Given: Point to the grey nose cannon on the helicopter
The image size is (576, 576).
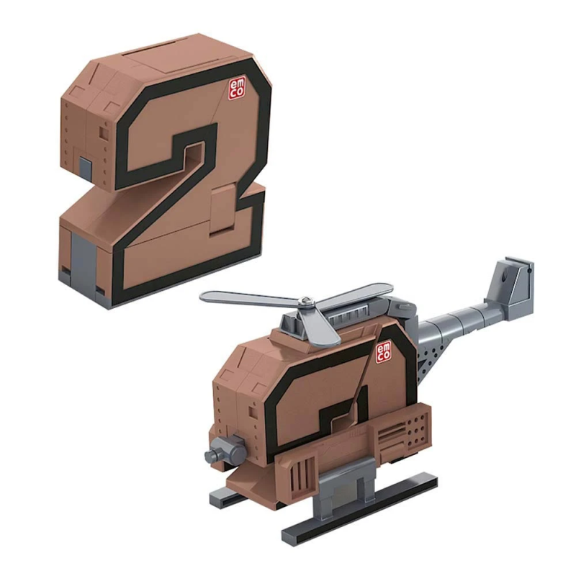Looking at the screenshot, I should [x=224, y=451].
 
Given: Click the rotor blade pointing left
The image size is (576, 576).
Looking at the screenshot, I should [x=245, y=296].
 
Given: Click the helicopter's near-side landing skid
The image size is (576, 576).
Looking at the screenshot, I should [x=360, y=504].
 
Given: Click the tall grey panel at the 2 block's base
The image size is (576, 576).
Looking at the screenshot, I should [x=83, y=259].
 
